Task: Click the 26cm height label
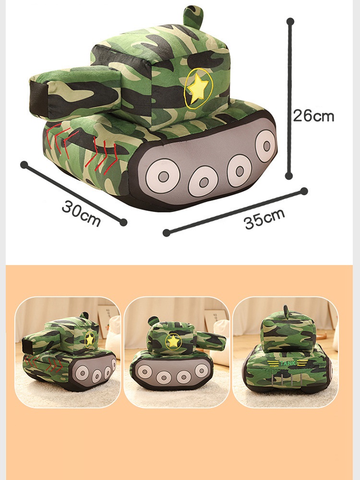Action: coord(313,116)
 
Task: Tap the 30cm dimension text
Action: coord(81,213)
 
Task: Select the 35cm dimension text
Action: coord(265,218)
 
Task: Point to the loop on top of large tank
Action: coord(193,16)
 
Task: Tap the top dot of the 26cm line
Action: coord(290,22)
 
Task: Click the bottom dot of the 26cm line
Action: coord(288,176)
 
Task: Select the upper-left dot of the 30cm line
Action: coord(24,165)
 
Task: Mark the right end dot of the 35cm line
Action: coord(304,192)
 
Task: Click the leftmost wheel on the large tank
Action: coord(163,176)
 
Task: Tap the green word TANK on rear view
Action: coord(288,363)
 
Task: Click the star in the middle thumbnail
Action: coord(173,341)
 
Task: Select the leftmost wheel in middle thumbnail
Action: coord(144,372)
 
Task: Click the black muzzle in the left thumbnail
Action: coord(27,347)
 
